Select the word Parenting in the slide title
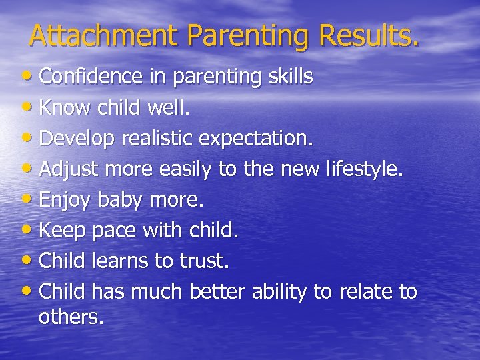coord(249,37)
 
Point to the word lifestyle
coord(364,170)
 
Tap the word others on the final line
coord(71,317)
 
